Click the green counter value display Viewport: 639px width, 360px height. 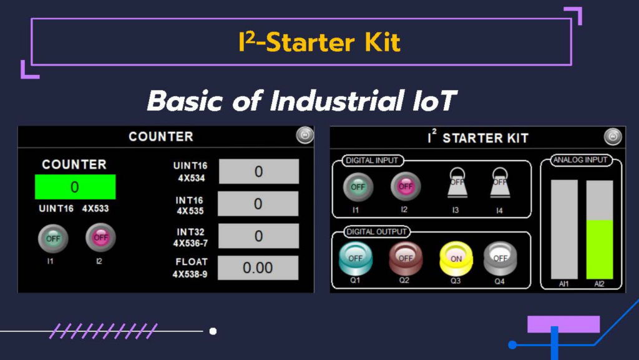pyautogui.click(x=76, y=187)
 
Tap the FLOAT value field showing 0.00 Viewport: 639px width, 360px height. pyautogui.click(x=258, y=267)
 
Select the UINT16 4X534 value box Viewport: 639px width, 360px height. pyautogui.click(x=259, y=171)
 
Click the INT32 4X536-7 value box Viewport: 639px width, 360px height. pyautogui.click(x=258, y=236)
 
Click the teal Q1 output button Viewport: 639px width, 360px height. pyautogui.click(x=355, y=258)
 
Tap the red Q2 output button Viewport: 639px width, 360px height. pyautogui.click(x=406, y=258)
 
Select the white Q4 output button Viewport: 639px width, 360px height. pyautogui.click(x=500, y=258)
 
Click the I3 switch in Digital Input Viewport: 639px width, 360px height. pyautogui.click(x=457, y=183)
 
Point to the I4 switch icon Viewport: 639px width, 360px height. pyautogui.click(x=500, y=183)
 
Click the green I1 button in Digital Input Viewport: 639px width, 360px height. pyautogui.click(x=358, y=187)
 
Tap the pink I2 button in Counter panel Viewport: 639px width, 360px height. pyautogui.click(x=100, y=237)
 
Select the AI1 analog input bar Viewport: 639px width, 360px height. pyautogui.click(x=564, y=230)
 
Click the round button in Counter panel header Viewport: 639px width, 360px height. pyautogui.click(x=305, y=135)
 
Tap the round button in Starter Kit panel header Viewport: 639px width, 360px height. pyautogui.click(x=613, y=137)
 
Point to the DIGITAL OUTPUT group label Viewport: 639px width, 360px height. pyautogui.click(x=376, y=232)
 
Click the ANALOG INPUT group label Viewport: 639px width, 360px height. pyautogui.click(x=580, y=160)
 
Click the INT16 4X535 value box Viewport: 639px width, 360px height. pyautogui.click(x=258, y=204)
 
